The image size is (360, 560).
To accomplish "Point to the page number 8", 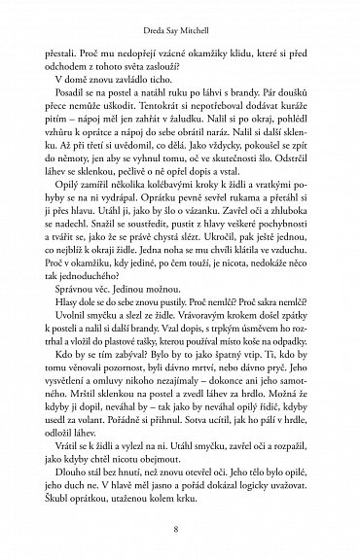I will point(179,530).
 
